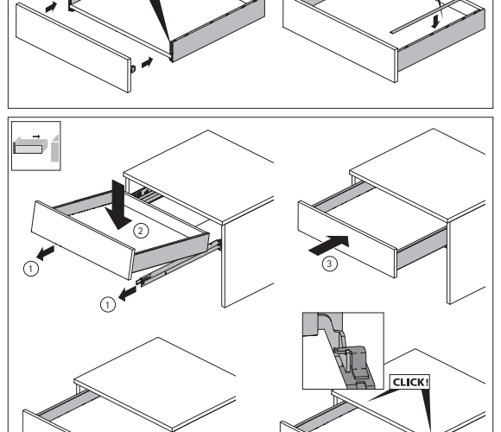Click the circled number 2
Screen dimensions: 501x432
[x=141, y=231]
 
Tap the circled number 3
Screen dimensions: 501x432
[x=329, y=264]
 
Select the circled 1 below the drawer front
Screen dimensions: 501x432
[x=31, y=269]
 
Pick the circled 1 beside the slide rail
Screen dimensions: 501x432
[x=108, y=304]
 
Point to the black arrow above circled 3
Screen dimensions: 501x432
[x=329, y=245]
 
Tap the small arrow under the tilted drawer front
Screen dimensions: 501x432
[x=46, y=252]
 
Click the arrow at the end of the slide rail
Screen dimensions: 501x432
[x=128, y=293]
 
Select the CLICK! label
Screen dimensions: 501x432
[x=409, y=382]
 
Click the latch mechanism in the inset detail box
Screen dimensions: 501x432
[x=353, y=365]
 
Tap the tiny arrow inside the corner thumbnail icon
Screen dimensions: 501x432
[x=36, y=137]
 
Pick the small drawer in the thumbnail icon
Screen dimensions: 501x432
[x=30, y=146]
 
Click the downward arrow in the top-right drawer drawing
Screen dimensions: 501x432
[x=435, y=22]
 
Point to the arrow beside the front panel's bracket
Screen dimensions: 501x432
[x=148, y=62]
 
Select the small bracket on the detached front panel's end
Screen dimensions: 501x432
[x=133, y=68]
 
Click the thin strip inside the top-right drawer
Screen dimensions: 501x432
[x=437, y=16]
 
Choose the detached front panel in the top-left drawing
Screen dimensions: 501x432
[x=73, y=48]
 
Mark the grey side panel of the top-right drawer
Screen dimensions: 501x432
[x=441, y=41]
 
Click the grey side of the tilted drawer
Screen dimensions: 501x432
[x=171, y=252]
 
